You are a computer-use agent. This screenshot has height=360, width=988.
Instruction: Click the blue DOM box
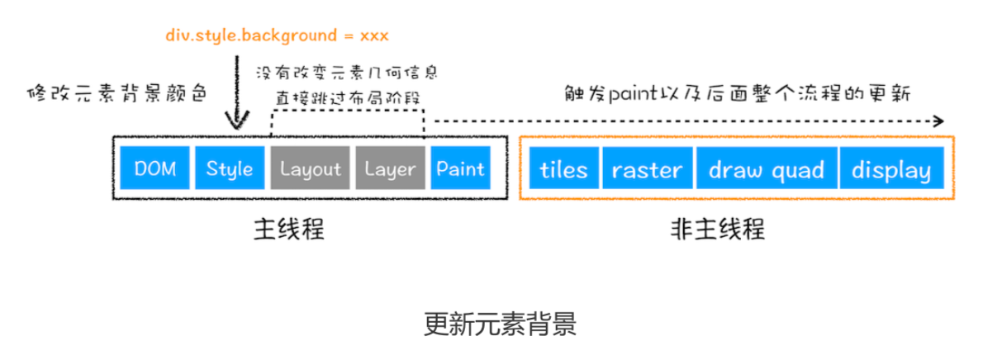click(x=154, y=168)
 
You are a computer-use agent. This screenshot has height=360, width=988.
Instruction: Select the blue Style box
click(x=230, y=168)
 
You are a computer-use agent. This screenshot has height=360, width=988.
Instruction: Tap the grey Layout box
click(x=310, y=168)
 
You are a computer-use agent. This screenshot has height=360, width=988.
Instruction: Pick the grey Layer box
click(x=389, y=168)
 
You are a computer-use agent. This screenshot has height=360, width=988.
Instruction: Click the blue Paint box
click(x=460, y=168)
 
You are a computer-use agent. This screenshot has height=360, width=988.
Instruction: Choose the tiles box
click(x=563, y=170)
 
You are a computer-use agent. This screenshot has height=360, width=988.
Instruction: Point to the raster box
click(x=647, y=170)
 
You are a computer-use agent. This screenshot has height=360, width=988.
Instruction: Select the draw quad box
click(x=766, y=170)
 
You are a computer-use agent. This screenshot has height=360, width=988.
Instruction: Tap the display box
click(x=891, y=170)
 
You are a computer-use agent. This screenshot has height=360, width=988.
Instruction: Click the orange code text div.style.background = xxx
click(x=276, y=36)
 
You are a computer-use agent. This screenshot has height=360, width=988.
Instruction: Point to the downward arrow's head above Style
click(x=236, y=125)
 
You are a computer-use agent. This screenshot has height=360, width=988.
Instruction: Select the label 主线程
click(x=287, y=229)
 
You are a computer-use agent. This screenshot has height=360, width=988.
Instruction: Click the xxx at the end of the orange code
click(x=374, y=36)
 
